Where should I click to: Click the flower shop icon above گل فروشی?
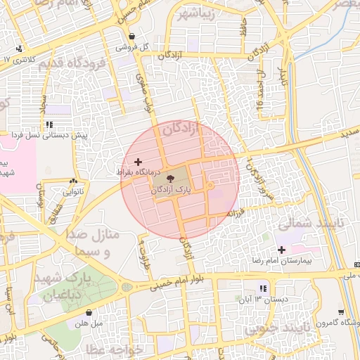point(131,37)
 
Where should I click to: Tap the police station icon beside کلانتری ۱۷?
point(19,49)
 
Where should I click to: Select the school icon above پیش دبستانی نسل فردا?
point(48,124)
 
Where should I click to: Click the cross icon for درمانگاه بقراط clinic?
point(137,162)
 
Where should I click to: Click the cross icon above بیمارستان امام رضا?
point(281,250)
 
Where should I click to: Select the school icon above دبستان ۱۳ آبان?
point(262,288)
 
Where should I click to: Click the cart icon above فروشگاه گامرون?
point(341,312)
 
